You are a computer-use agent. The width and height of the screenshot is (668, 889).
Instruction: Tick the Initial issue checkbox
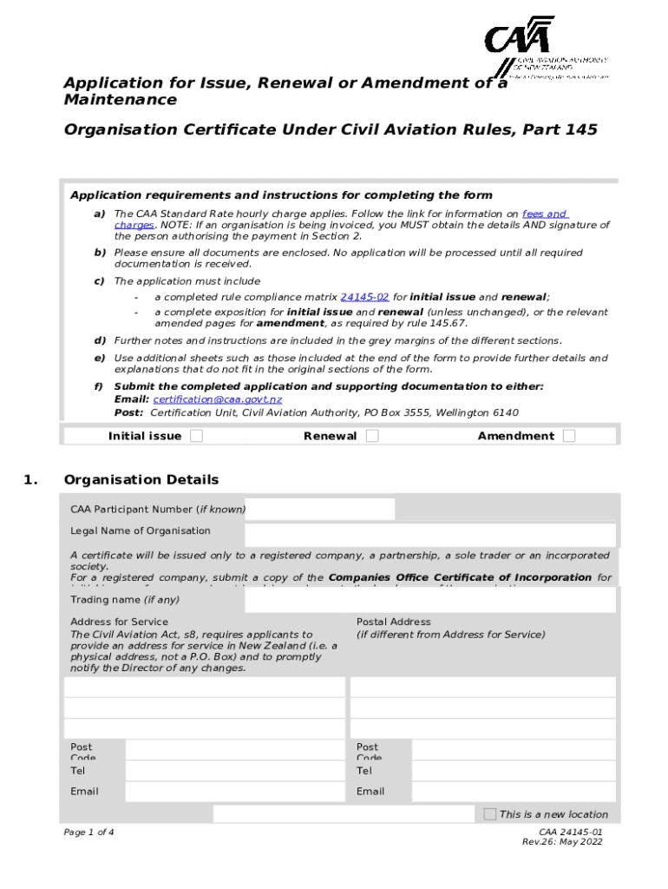196,436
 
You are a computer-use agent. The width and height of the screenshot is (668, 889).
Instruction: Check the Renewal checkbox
372,436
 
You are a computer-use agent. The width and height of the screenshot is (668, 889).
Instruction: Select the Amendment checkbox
568,436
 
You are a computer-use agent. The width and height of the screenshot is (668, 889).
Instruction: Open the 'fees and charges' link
544,214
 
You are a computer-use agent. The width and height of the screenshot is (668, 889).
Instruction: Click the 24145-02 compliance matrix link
364,296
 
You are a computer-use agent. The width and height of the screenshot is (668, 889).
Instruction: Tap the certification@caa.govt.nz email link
217,399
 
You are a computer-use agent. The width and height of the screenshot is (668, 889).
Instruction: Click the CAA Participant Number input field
319,509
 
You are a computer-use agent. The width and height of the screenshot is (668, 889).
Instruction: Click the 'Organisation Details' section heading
141,480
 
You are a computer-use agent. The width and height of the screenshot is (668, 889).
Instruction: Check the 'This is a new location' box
490,813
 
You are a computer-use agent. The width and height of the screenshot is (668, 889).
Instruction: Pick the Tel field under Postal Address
514,770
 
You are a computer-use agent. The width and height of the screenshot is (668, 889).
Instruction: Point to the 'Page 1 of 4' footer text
88,833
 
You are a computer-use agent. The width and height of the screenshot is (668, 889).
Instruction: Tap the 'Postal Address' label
393,622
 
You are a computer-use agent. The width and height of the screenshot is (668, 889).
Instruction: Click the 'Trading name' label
125,599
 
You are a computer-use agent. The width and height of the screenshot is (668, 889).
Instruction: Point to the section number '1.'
31,480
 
